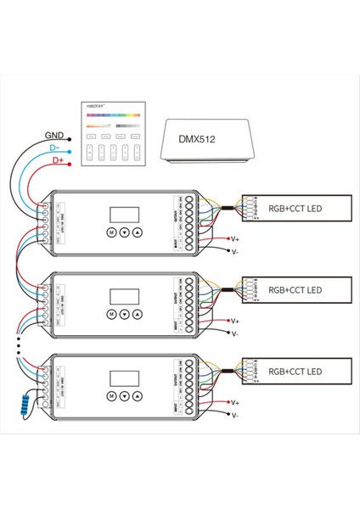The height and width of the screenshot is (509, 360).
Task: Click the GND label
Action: (53, 133)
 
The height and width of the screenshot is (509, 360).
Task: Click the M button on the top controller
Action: (111, 232)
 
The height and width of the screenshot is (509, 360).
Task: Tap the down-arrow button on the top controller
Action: (124, 232)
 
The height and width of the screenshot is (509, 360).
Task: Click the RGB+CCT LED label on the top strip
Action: (294, 206)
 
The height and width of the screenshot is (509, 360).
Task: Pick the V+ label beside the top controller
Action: (235, 240)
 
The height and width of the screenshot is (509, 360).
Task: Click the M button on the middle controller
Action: (111, 314)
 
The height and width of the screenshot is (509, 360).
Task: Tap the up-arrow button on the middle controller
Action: (137, 314)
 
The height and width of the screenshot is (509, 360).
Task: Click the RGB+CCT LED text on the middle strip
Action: (294, 289)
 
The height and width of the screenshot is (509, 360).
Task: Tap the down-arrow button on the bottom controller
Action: (124, 396)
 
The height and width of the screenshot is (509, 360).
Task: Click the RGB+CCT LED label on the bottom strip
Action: (294, 372)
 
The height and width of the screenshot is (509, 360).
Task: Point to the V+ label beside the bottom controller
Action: (235, 405)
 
